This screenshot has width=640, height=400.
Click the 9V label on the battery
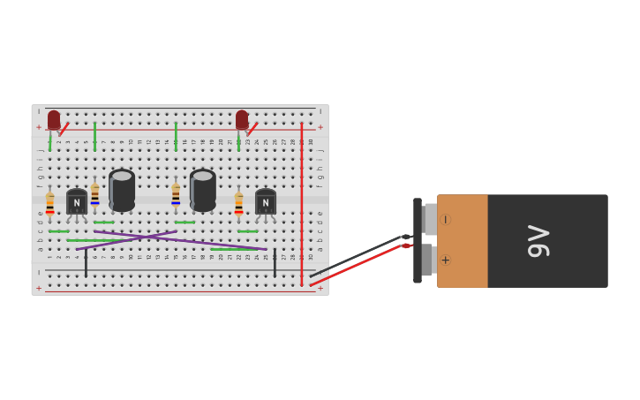(x=538, y=241)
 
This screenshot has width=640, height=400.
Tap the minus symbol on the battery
(x=445, y=219)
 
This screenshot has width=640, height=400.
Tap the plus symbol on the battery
(x=445, y=260)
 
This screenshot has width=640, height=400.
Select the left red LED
(x=54, y=120)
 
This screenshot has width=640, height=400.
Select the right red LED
(x=242, y=120)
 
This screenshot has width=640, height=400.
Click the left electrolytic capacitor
(x=122, y=190)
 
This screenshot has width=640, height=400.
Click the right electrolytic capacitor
(x=203, y=190)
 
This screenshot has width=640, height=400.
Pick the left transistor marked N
(x=77, y=202)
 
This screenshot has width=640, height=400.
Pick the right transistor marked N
(x=266, y=202)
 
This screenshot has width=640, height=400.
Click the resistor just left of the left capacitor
(x=95, y=195)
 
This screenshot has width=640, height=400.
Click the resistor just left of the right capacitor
(x=176, y=195)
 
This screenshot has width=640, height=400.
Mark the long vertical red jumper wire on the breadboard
(x=301, y=203)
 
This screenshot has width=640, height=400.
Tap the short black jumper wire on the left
(x=86, y=262)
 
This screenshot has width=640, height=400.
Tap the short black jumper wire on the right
(x=275, y=262)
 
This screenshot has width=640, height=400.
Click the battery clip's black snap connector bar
(x=418, y=240)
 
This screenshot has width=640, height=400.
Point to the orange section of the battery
(x=463, y=241)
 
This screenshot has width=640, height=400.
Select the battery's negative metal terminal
(x=430, y=219)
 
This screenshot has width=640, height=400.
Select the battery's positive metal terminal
(x=427, y=260)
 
